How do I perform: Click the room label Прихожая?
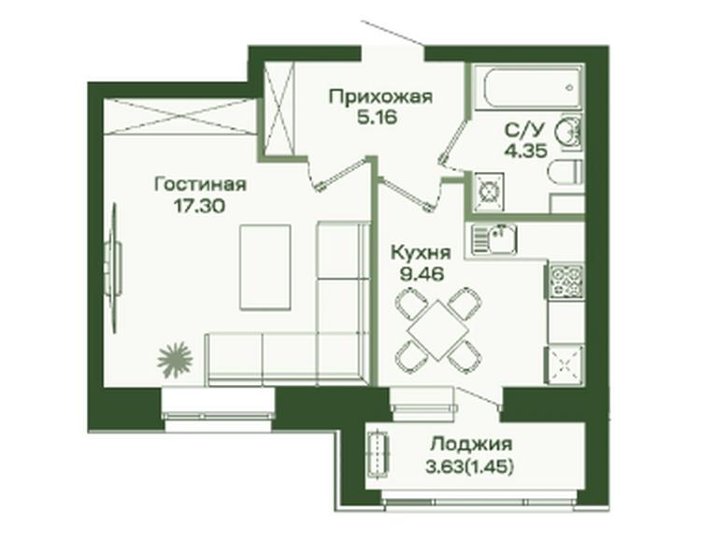[380, 97]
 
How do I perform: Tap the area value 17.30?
[199, 206]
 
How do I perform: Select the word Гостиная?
[200, 184]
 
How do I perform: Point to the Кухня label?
[421, 252]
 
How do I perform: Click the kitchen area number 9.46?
[422, 274]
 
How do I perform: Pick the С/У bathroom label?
[525, 130]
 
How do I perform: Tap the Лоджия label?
[470, 445]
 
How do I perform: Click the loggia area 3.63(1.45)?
[469, 467]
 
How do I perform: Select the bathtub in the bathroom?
[527, 87]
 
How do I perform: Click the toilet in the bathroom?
[565, 173]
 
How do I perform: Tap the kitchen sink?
[494, 238]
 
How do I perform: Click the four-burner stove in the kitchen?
[566, 281]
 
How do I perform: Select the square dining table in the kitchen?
[438, 330]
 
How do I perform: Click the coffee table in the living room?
[265, 267]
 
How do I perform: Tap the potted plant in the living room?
[175, 360]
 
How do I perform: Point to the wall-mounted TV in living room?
[113, 268]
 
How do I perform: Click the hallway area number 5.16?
[377, 118]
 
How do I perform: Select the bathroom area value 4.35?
[525, 151]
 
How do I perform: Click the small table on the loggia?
[379, 454]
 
